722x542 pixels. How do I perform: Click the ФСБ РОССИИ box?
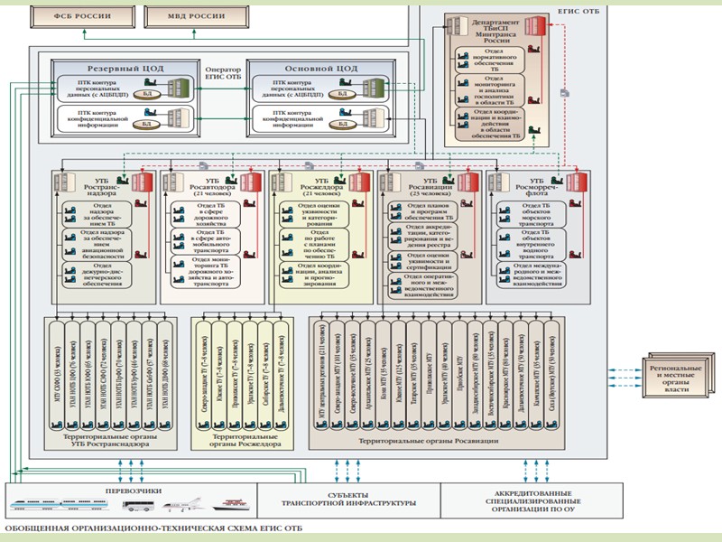(79, 17)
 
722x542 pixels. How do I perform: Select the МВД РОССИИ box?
(187, 17)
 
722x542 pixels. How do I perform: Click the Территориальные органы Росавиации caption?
(428, 440)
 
